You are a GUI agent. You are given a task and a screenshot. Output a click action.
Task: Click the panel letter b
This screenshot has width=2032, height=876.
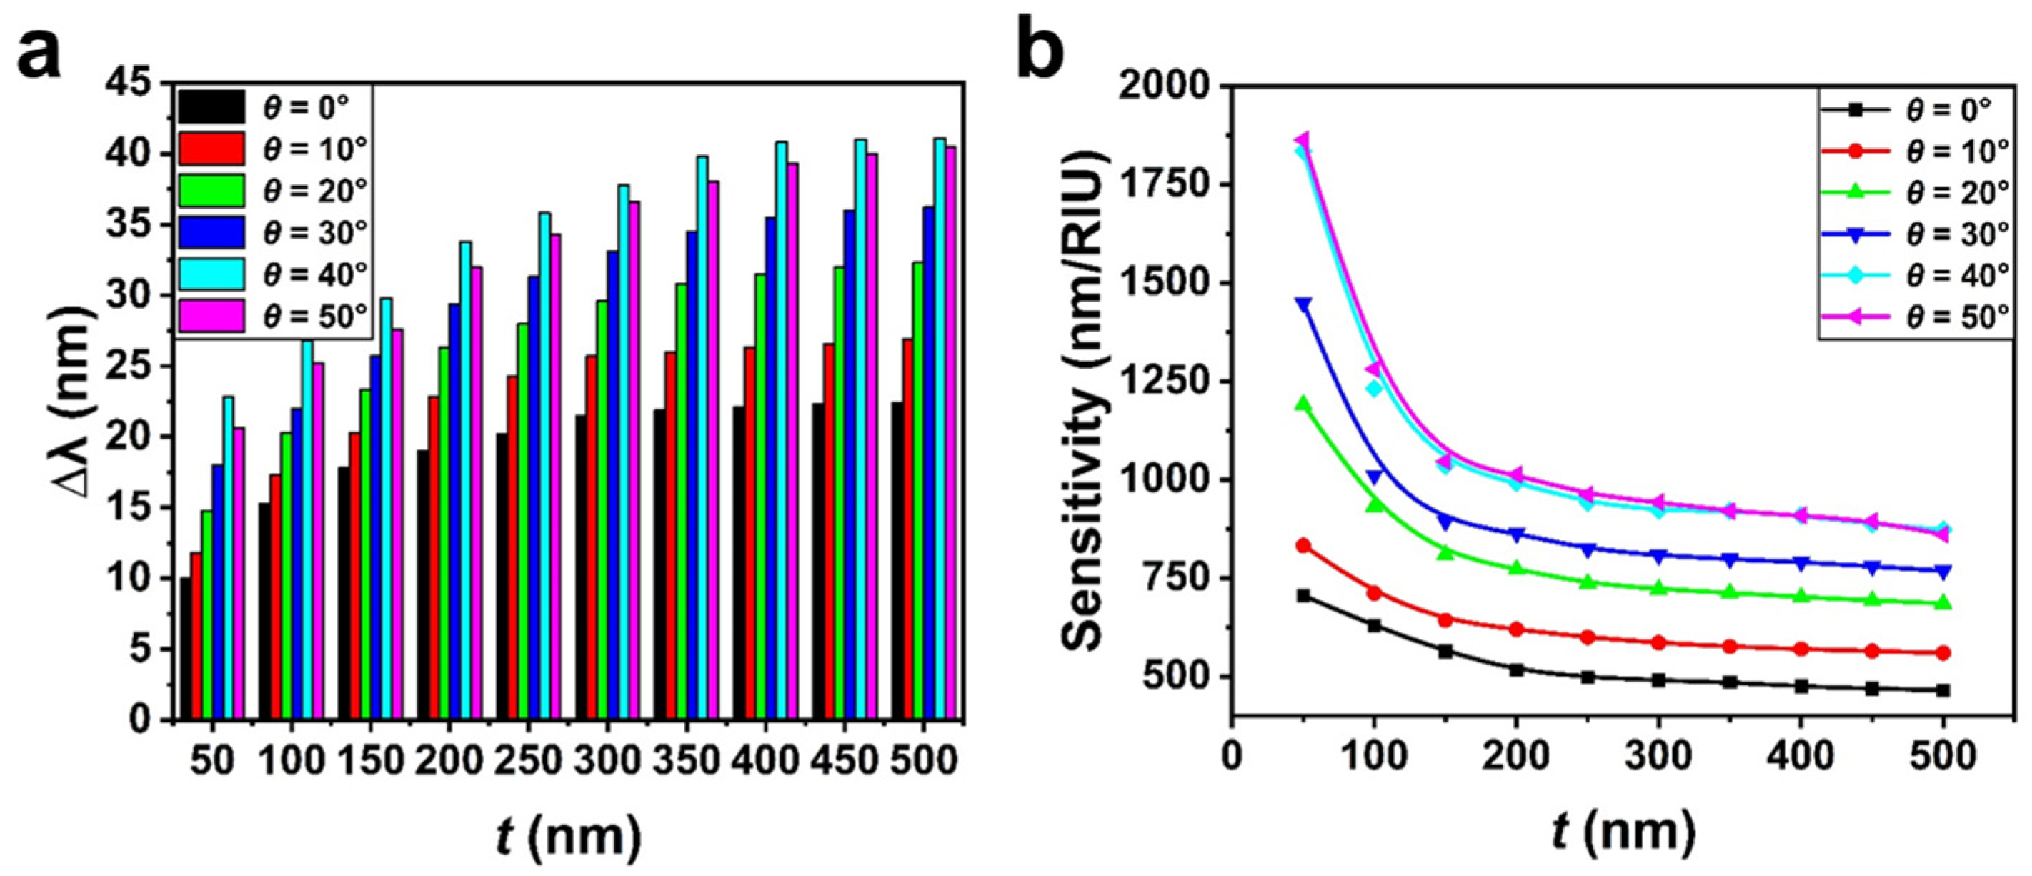1040,49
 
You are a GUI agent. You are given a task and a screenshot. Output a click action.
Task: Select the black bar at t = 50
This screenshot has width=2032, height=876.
185,649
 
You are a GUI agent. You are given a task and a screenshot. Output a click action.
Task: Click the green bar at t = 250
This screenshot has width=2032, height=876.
523,521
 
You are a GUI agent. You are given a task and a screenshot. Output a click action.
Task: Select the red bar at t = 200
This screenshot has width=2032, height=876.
433,557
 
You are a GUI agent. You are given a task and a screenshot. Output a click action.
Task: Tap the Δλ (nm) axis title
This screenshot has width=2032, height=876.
79,410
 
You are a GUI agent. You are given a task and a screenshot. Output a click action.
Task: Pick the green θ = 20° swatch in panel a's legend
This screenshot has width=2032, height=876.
211,190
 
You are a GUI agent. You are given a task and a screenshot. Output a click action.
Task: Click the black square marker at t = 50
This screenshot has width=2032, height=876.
1303,596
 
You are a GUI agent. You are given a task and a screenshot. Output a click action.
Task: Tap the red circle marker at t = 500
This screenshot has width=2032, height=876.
1943,652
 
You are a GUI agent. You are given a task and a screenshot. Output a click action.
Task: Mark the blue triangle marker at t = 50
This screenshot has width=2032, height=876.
1303,305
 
